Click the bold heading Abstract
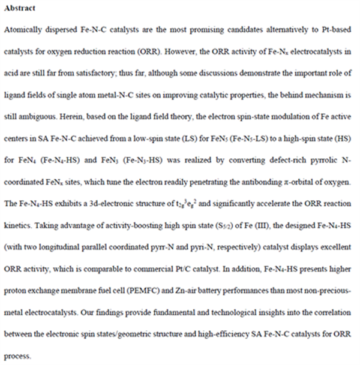click(19, 9)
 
